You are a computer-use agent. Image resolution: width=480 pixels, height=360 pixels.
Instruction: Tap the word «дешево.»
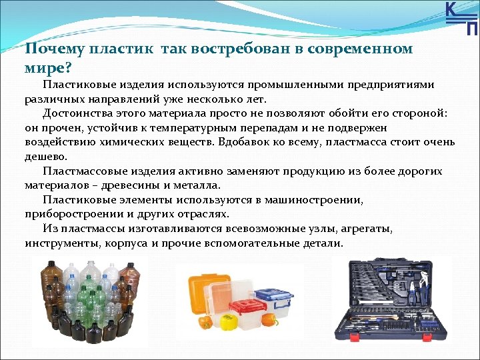47,157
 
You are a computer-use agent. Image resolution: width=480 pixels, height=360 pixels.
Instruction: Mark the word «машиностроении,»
306,200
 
